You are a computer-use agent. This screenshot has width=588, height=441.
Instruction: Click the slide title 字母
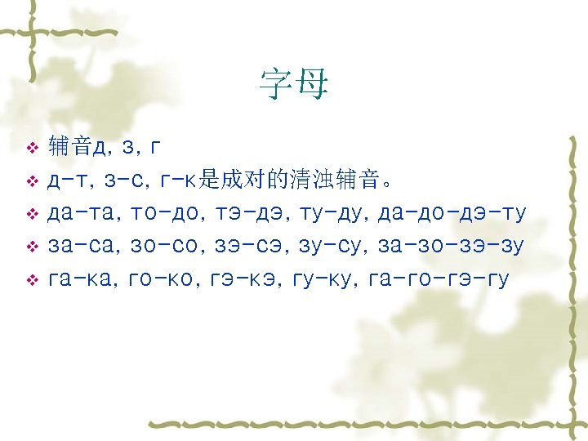(293, 82)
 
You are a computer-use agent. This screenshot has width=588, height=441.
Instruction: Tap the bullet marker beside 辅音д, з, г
(32, 149)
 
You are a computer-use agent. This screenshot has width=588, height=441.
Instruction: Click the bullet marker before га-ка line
(32, 279)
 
